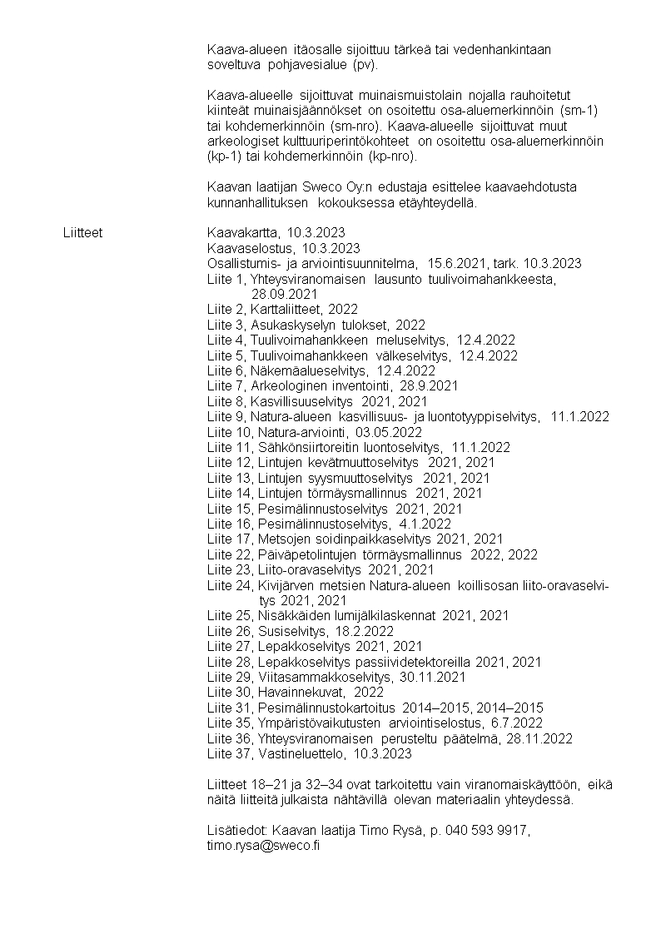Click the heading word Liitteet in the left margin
(x=82, y=232)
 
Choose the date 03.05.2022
(x=389, y=432)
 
